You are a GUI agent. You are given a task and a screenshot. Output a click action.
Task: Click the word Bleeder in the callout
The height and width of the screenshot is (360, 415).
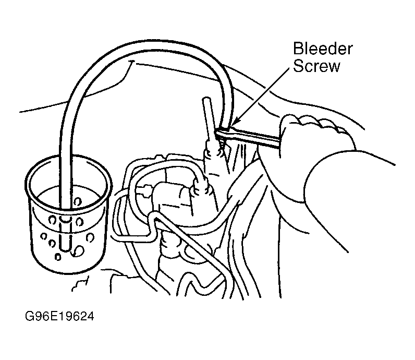coord(323,49)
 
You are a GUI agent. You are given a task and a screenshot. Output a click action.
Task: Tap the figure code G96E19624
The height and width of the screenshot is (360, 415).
coord(59,316)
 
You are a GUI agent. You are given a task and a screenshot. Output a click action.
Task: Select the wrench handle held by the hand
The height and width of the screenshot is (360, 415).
coord(254,137)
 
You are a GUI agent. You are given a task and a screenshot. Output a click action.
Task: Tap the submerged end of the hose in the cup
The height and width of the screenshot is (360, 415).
coord(65,245)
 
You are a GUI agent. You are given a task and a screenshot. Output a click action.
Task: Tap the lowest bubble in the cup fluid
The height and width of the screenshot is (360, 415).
coord(57,256)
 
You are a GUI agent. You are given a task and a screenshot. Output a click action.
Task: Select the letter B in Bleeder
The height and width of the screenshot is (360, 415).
coord(298,49)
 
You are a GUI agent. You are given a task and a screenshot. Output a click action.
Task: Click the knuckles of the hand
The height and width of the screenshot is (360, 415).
coord(318,122)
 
